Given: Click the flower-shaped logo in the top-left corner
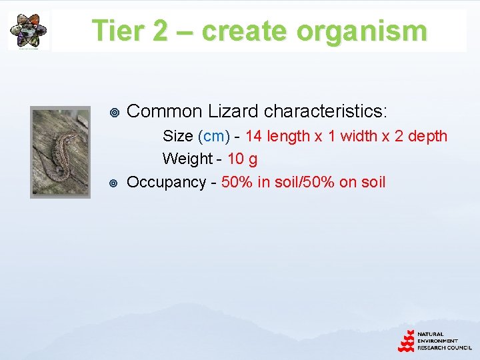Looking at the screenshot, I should coord(29,31).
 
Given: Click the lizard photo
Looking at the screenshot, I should coord(60,153).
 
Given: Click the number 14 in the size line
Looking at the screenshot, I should coord(253,137).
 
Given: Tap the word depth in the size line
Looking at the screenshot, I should coord(427,137).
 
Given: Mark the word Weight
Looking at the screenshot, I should coord(187,159).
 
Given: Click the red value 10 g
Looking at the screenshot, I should coord(243,159).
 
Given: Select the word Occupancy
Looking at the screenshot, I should coord(166,183).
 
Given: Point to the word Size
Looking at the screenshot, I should coord(177,137).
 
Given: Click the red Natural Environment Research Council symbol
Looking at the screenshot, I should coord(406,340).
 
